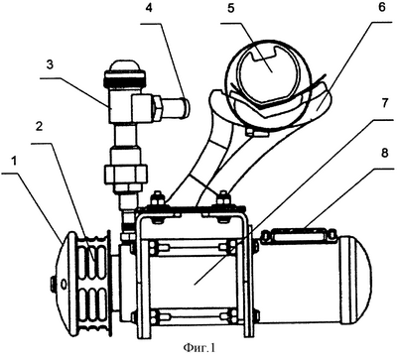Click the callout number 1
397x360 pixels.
(x=14, y=162)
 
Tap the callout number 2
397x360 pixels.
(x=40, y=127)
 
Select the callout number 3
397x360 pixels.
(x=50, y=64)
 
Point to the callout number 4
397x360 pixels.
(x=150, y=9)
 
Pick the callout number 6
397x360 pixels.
(x=382, y=8)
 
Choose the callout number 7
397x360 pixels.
(x=383, y=103)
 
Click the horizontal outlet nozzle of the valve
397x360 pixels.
(x=176, y=106)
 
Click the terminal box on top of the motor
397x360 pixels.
(x=298, y=234)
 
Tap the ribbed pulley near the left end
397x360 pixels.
(x=90, y=284)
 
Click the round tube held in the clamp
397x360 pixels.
(x=267, y=72)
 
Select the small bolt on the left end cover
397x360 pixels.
(x=53, y=283)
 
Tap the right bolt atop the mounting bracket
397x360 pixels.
(x=222, y=200)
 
